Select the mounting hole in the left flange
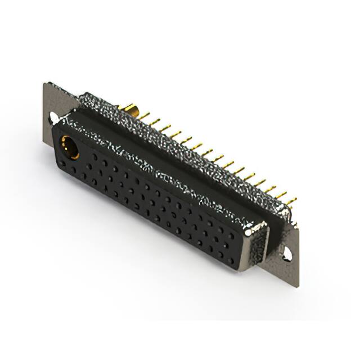tap(53, 118)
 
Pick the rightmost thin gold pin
tap(291, 201)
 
